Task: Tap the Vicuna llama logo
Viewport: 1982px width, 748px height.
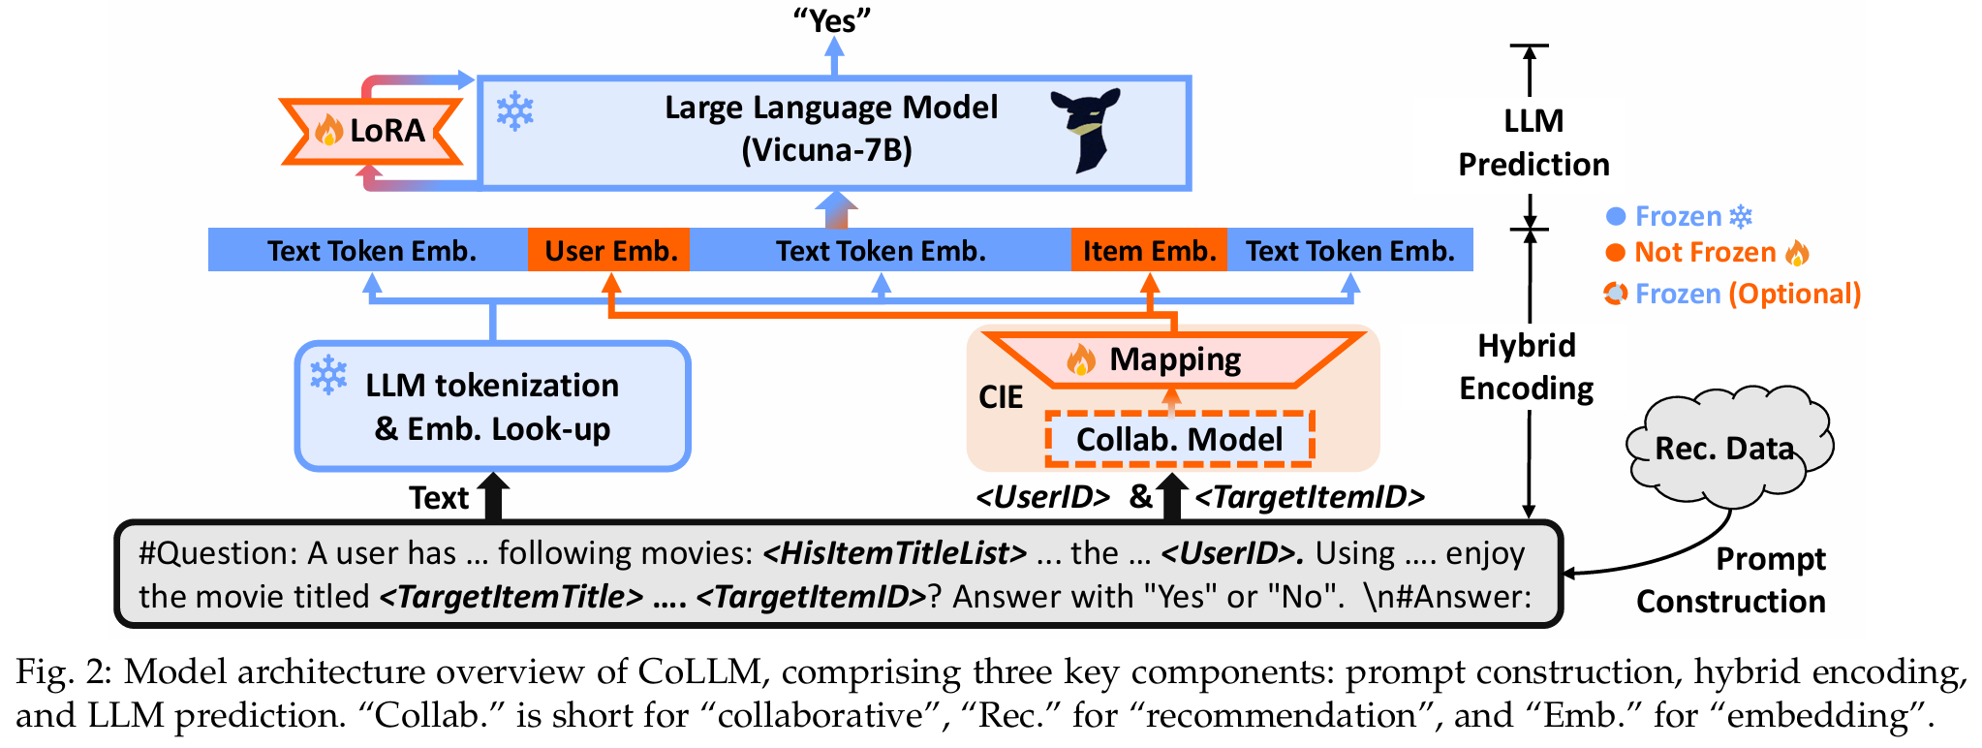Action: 1087,130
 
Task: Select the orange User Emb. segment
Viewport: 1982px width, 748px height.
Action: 609,251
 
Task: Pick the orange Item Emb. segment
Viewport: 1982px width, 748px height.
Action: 1149,251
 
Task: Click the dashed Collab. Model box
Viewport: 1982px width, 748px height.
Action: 1179,439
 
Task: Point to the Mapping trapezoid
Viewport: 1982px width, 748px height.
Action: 1174,359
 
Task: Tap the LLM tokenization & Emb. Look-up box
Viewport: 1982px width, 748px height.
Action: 492,406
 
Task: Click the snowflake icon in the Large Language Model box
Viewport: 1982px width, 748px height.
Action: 514,111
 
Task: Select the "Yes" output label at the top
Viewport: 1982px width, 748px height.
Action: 833,20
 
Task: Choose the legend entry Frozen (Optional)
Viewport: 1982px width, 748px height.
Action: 1733,294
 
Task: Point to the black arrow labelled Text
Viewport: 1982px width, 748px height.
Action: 494,496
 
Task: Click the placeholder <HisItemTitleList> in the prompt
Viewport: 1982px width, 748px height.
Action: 894,553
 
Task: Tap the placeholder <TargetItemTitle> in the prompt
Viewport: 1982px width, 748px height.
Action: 511,597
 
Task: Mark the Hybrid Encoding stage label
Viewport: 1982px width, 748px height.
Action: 1527,367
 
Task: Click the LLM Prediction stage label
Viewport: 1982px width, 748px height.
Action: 1533,142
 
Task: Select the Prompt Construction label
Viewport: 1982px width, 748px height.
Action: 1731,580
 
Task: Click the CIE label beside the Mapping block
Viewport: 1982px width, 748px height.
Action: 1001,397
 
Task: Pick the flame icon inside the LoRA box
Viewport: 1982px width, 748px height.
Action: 328,130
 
